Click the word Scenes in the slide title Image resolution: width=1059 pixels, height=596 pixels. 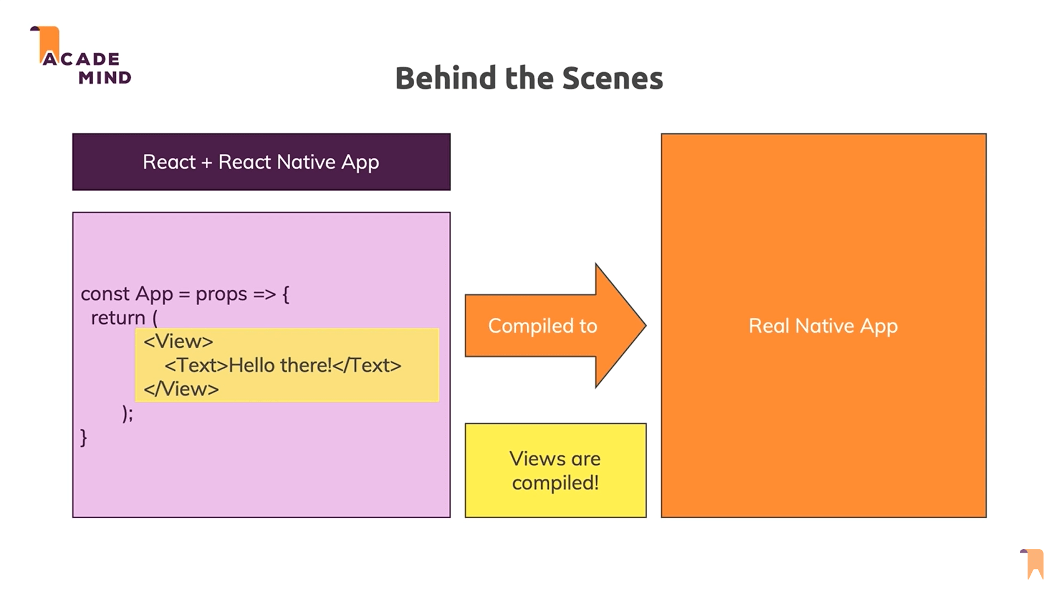(x=612, y=78)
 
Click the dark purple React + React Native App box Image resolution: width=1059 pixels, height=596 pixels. (x=261, y=162)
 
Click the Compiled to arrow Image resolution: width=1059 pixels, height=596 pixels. (x=543, y=326)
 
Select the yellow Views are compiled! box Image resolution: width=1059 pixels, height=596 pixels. (x=555, y=470)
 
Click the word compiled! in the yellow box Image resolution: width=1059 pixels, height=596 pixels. (x=555, y=483)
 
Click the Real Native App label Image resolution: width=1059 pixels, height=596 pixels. (x=823, y=326)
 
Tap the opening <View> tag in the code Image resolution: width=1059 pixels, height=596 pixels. (x=178, y=342)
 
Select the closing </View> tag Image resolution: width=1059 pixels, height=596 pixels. (x=181, y=389)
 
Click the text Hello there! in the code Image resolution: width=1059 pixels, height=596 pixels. (x=280, y=365)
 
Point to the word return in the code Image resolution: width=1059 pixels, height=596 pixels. (x=117, y=318)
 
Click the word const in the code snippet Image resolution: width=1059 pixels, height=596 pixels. (x=105, y=294)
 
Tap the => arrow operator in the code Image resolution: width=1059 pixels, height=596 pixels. (x=264, y=294)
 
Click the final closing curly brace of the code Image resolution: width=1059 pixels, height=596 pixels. (x=84, y=438)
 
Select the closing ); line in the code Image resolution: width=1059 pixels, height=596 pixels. (x=127, y=413)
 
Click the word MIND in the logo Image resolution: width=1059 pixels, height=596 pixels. (x=105, y=78)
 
